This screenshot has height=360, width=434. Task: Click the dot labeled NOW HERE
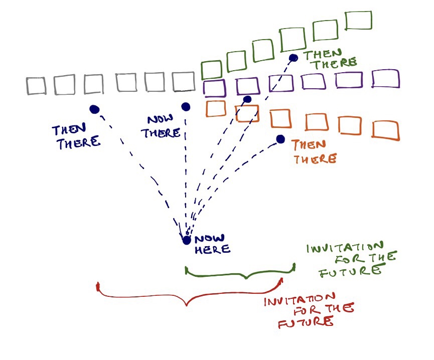[187, 240]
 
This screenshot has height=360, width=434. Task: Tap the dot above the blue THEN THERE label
[94, 109]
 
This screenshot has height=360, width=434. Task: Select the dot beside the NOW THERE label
[186, 106]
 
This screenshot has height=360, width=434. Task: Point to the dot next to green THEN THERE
[294, 58]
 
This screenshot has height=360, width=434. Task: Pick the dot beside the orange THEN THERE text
[280, 139]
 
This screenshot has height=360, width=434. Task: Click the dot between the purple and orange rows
[247, 99]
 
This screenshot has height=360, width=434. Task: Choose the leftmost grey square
[36, 86]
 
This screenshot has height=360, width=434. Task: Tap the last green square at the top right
[359, 21]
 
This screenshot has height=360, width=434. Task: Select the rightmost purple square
[386, 79]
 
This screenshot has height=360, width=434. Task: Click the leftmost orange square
[216, 108]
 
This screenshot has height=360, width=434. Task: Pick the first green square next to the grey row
[211, 70]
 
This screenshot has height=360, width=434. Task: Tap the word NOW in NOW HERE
[207, 239]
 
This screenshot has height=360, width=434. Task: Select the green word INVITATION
[345, 247]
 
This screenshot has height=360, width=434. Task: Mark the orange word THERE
[314, 159]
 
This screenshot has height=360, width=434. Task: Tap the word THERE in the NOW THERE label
[161, 133]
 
